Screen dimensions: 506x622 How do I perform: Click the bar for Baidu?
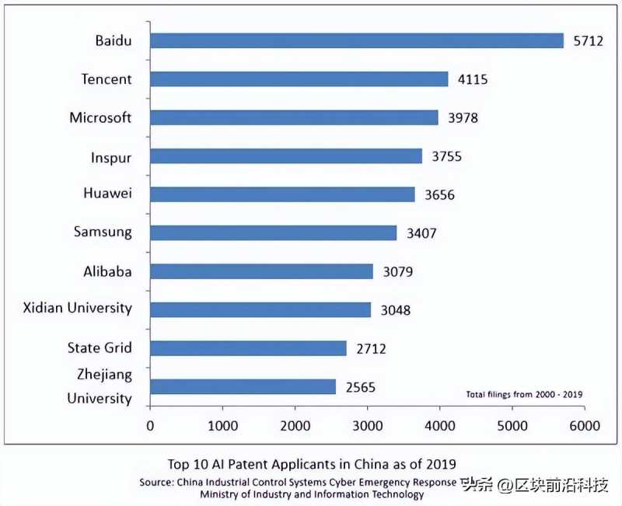coord(356,40)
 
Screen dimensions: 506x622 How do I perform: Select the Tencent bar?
coord(299,79)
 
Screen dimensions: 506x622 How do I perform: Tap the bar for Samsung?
coord(273,232)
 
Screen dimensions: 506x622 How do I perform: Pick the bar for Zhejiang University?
coord(243,386)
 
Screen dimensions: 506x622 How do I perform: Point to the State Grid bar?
coord(248,347)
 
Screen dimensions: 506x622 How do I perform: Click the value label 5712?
coord(589,41)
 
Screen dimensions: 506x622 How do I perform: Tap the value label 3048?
coord(395,310)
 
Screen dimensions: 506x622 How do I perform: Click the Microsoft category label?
coord(100,118)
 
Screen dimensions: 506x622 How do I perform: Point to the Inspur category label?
coord(110,158)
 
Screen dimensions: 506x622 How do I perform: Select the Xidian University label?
coord(78,308)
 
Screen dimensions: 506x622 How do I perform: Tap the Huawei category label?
coord(107,194)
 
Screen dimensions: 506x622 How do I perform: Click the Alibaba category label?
coord(107,271)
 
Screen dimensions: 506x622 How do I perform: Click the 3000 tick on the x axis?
coord(367,425)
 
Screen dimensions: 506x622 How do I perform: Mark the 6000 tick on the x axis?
coord(584,425)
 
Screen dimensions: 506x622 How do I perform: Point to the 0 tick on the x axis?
coord(150,425)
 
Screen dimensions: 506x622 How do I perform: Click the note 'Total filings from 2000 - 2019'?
coord(524,394)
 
